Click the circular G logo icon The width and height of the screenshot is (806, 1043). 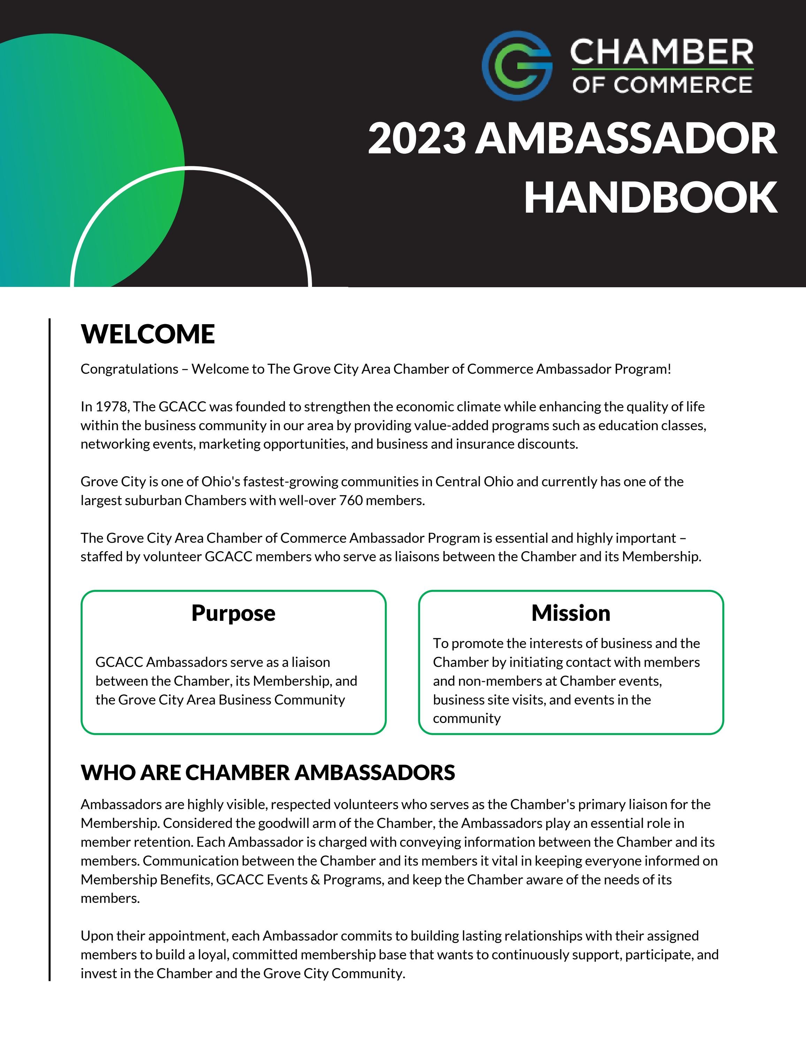pyautogui.click(x=517, y=66)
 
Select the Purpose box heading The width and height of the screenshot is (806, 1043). pyautogui.click(x=233, y=613)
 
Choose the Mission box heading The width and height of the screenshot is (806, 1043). pyautogui.click(x=571, y=613)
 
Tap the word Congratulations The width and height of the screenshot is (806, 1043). pyautogui.click(x=129, y=369)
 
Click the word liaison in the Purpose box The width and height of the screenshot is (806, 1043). pyautogui.click(x=311, y=662)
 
